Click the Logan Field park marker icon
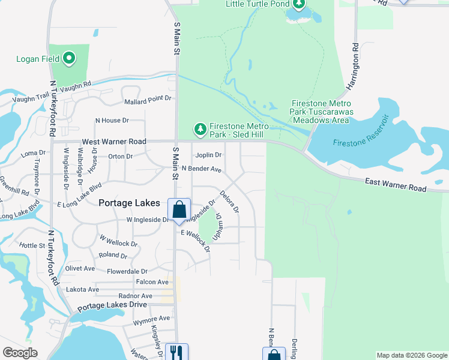(69, 58)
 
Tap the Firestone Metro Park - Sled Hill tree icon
(200, 128)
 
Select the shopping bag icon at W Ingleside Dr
(179, 210)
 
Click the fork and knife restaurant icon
(176, 352)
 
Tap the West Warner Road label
(114, 142)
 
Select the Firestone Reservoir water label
(361, 143)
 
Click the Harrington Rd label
(355, 66)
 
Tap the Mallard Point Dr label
(147, 98)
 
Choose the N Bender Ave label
(202, 169)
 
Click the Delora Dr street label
(229, 202)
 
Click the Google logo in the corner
(20, 353)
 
